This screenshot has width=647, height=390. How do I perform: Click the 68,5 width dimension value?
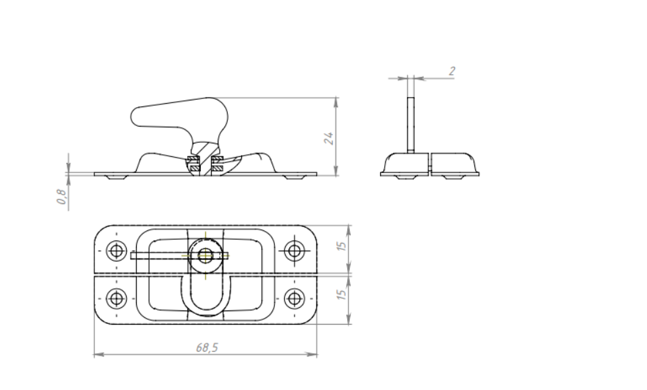pos(207,348)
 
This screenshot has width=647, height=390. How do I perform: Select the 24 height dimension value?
pos(328,139)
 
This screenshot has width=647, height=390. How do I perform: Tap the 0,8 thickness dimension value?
pos(61,197)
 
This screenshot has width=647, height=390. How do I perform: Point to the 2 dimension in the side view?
pos(452,71)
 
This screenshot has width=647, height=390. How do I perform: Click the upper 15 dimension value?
pos(341,246)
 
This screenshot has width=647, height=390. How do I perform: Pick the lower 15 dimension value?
pos(341,294)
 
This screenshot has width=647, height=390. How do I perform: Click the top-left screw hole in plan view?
pos(117,251)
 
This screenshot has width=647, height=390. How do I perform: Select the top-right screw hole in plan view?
pos(295,251)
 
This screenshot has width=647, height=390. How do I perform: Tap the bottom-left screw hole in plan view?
pos(117,298)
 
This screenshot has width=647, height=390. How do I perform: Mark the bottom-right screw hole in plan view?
pos(295,298)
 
